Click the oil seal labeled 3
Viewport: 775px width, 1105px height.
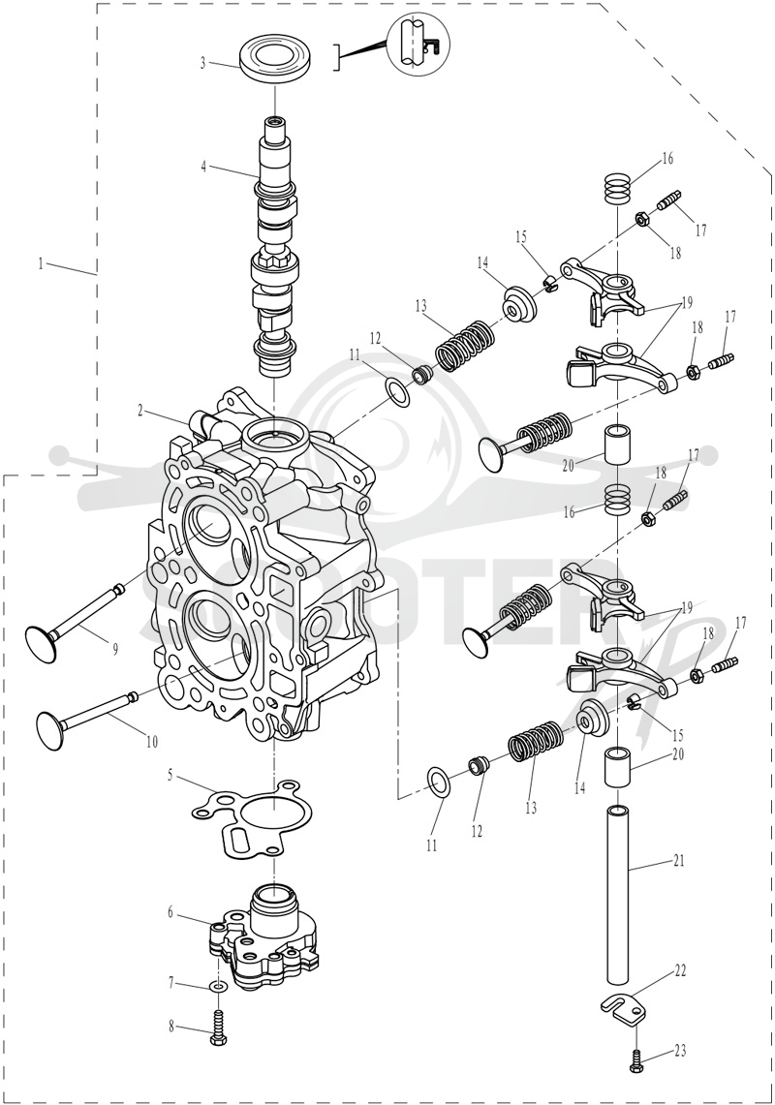tap(274, 61)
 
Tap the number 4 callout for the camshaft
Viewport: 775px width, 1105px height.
tap(203, 167)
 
